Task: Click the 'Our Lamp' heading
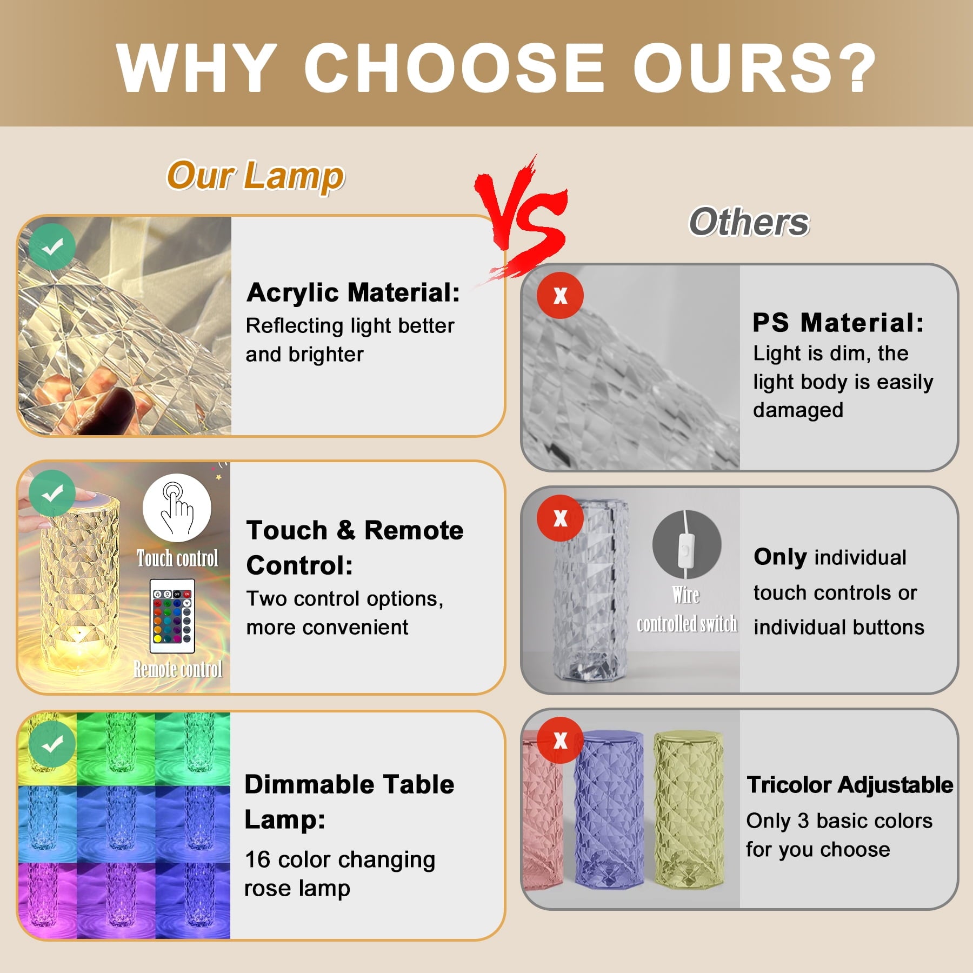pyautogui.click(x=255, y=176)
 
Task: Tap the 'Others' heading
pyautogui.click(x=749, y=222)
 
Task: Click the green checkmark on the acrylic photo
pyautogui.click(x=52, y=246)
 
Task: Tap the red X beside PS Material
pyautogui.click(x=560, y=295)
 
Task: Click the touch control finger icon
pyautogui.click(x=177, y=508)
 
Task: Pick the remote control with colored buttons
pyautogui.click(x=172, y=616)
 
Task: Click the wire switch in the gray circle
pyautogui.click(x=687, y=544)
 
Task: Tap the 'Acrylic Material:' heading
pyautogui.click(x=353, y=292)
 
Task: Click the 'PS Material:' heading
pyautogui.click(x=838, y=323)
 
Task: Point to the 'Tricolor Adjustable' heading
pyautogui.click(x=850, y=784)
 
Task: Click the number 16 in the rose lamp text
pyautogui.click(x=257, y=859)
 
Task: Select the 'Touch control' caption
pyautogui.click(x=177, y=558)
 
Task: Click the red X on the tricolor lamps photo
pyautogui.click(x=560, y=740)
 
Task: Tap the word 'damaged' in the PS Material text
pyautogui.click(x=798, y=410)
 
